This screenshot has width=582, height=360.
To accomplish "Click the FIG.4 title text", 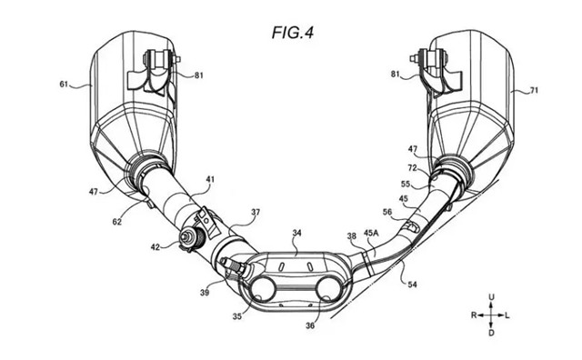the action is coord(293,33).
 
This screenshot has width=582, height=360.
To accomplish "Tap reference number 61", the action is coord(64,85).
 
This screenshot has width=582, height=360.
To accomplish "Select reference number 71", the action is coord(534,90).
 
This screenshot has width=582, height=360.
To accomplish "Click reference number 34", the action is coord(297,233).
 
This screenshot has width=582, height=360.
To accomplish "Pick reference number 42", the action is coord(156,246).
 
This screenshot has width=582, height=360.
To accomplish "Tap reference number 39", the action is coord(205,293).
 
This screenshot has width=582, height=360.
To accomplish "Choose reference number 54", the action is coord(412,285).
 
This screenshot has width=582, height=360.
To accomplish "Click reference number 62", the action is coord(117,222).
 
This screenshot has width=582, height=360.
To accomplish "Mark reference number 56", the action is coord(387,212).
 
